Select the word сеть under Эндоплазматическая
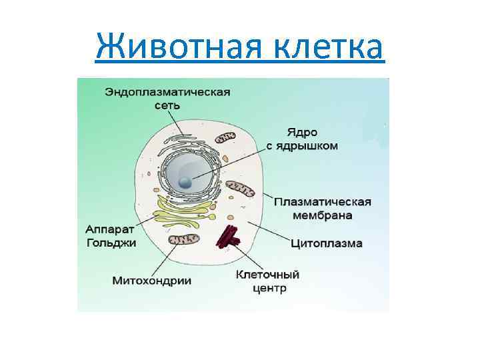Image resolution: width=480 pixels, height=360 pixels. [167, 105]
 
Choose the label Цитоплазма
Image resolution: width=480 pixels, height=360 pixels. [327, 243]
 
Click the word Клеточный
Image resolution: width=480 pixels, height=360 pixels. [269, 275]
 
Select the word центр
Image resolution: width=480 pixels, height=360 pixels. [269, 288]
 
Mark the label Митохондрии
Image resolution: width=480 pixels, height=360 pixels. [151, 281]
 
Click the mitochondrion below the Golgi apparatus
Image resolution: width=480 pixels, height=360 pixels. [183, 239]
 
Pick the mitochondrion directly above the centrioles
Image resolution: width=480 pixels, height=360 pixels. [240, 190]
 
